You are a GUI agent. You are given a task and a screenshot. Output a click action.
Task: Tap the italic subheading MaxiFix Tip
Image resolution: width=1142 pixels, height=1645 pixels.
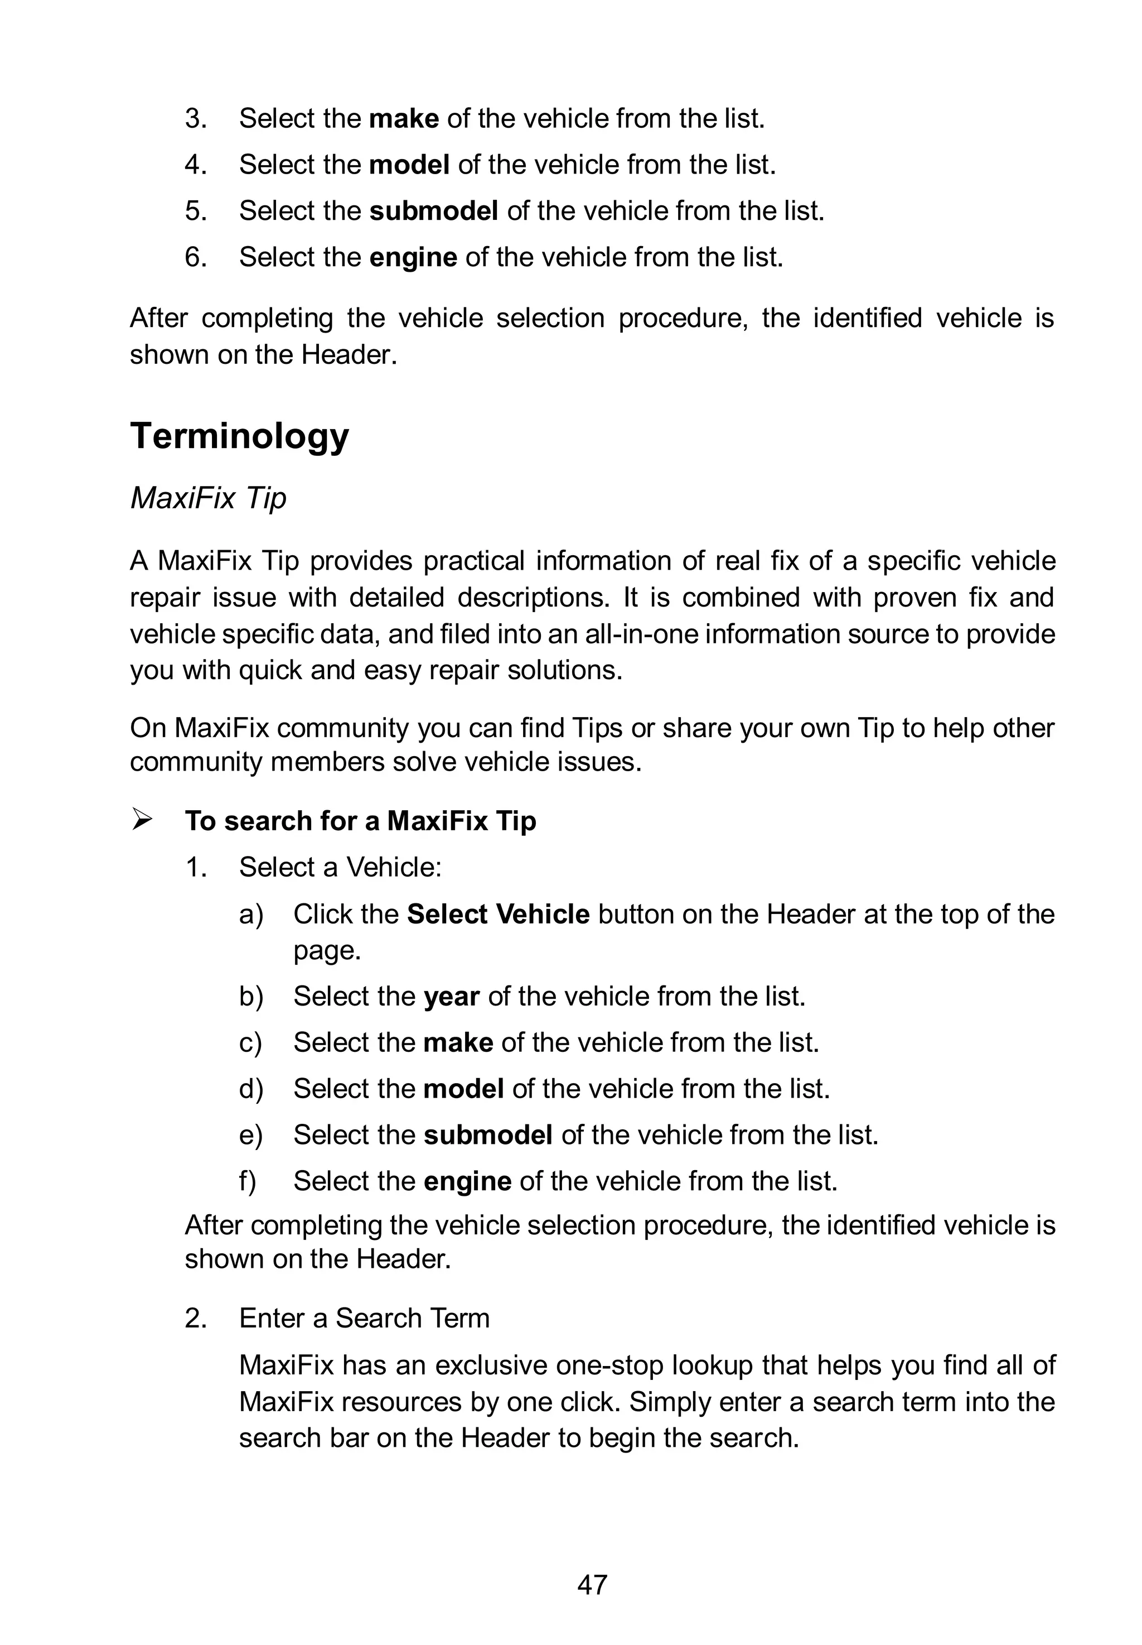(x=208, y=498)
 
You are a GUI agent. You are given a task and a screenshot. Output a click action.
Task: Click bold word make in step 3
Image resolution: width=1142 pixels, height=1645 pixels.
(x=404, y=118)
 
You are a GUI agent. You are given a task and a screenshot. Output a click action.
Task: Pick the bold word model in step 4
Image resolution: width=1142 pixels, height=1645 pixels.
(x=409, y=165)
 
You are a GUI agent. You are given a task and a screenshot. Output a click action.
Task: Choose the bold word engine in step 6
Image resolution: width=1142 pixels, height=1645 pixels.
(x=413, y=258)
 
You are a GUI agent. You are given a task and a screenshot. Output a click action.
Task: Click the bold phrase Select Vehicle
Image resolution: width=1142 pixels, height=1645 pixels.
(x=498, y=914)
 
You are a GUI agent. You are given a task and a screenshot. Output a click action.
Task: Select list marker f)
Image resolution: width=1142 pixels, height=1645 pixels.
(x=248, y=1181)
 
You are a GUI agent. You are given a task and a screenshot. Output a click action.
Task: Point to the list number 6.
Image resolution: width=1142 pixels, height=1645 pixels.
(x=195, y=258)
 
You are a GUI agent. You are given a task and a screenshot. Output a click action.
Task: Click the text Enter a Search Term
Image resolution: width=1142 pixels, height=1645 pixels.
(x=364, y=1319)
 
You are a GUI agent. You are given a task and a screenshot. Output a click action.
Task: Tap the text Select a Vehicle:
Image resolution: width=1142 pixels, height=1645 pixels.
(x=341, y=868)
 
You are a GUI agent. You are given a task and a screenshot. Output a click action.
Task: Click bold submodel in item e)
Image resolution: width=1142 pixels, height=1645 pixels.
(x=488, y=1136)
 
